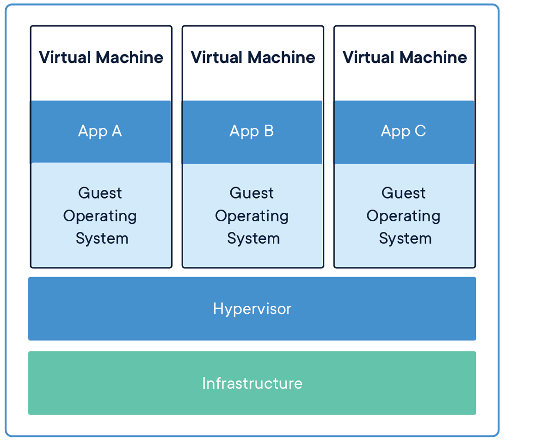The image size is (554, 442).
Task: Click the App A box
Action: point(100,132)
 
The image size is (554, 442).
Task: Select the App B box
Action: point(252,132)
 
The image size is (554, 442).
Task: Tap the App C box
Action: point(404,132)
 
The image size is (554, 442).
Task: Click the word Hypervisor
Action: point(252,309)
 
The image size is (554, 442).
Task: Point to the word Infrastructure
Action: point(252,383)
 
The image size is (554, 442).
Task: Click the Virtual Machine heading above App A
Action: point(101,57)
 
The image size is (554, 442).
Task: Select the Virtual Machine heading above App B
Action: point(252,57)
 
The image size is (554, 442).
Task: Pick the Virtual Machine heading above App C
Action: point(405,57)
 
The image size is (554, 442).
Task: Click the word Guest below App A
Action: point(100,193)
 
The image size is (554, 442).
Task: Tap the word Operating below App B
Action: point(252,216)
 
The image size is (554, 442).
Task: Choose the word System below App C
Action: point(405,238)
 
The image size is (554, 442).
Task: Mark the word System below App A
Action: point(102,238)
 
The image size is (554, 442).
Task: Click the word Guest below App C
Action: point(403,193)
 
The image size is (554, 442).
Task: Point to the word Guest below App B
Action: point(252,193)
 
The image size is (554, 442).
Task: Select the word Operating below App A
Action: point(100,216)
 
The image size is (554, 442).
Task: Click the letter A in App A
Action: point(116,131)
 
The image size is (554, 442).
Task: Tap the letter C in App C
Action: point(420,131)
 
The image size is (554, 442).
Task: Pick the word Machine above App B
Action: point(281,57)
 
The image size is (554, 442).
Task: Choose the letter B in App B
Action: point(269,131)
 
